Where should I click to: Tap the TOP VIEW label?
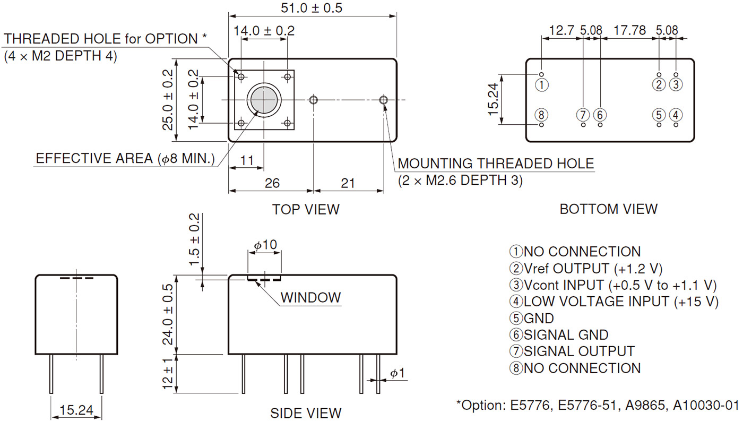pos(306,209)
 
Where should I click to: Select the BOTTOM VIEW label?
pos(608,209)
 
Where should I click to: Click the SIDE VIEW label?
pos(306,413)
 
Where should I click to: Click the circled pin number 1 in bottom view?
pos(541,84)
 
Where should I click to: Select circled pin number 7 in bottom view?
pos(583,115)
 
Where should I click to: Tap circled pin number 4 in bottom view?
pos(676,115)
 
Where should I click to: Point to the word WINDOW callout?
pos(310,297)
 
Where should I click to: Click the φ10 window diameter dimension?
pos(265,245)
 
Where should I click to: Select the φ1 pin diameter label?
pos(397,374)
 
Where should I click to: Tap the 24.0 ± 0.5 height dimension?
pos(168,314)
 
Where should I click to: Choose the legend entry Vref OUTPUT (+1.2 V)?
pos(586,269)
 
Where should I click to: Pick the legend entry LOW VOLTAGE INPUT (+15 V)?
pos(614,302)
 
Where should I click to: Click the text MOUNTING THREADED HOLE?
pos(496,164)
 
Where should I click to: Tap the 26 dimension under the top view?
pos(272,183)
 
